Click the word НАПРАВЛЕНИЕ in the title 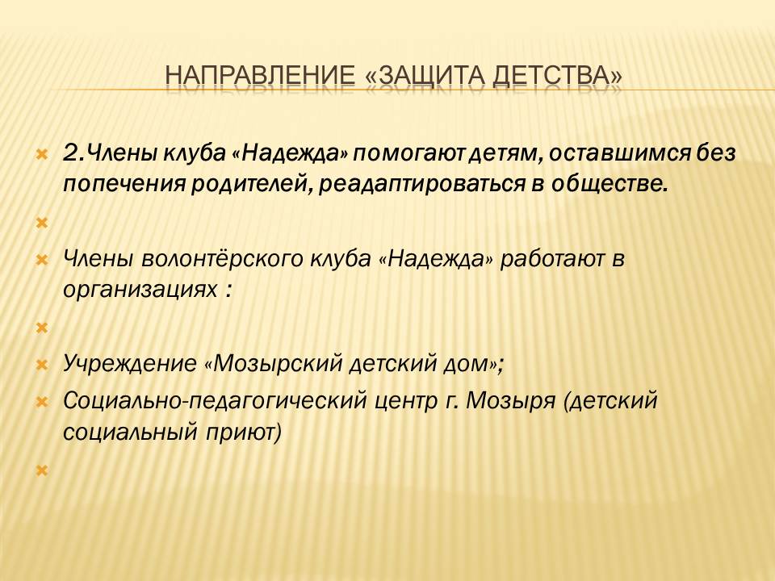(260, 75)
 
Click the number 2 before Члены (70, 153)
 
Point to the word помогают (408, 153)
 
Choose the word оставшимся (619, 153)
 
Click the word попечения (124, 185)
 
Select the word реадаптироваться (421, 185)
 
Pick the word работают (552, 259)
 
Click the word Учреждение (129, 364)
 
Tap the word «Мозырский (273, 364)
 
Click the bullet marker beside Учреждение (42, 366)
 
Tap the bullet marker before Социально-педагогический (42, 402)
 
